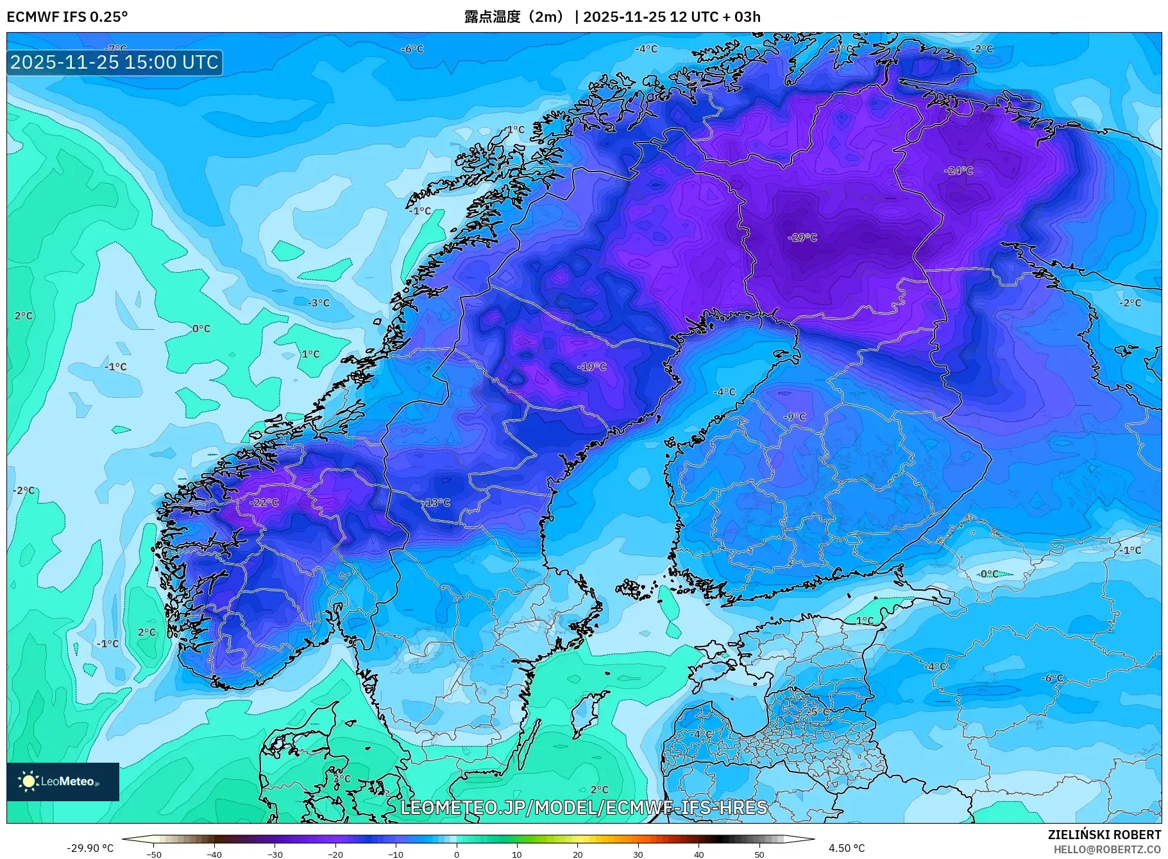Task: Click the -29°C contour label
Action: click(x=802, y=238)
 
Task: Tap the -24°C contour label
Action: click(x=959, y=171)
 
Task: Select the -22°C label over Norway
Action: click(x=264, y=503)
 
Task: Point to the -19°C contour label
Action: click(x=592, y=367)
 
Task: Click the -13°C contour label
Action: click(x=437, y=503)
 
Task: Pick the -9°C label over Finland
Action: click(x=795, y=417)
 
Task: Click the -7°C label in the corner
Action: click(x=116, y=49)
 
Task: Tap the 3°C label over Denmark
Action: click(x=341, y=779)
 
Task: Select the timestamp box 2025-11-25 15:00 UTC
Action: click(x=115, y=62)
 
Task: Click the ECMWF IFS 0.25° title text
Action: click(x=67, y=17)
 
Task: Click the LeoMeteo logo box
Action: click(x=63, y=781)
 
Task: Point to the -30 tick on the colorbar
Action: click(x=275, y=855)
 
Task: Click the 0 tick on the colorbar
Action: click(x=456, y=855)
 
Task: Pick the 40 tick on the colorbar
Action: click(x=698, y=855)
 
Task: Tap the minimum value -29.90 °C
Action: click(x=90, y=848)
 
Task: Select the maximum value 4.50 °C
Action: click(x=847, y=848)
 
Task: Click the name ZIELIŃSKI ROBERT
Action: click(x=1104, y=835)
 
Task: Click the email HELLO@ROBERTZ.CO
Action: click(x=1107, y=849)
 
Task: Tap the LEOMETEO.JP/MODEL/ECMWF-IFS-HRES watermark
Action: click(x=584, y=808)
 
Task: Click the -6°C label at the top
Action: click(x=412, y=49)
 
